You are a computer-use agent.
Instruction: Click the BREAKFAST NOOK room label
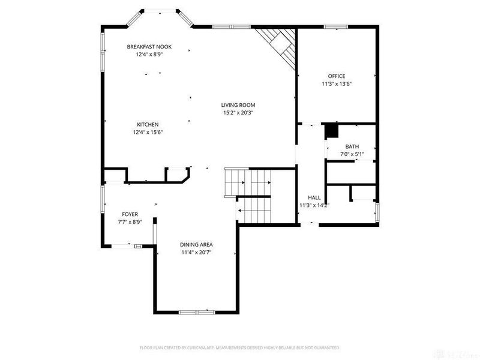pyautogui.click(x=149, y=46)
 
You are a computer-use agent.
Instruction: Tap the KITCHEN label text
pyautogui.click(x=147, y=125)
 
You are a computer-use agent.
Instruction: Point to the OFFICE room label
pyautogui.click(x=336, y=76)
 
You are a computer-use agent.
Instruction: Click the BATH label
pyautogui.click(x=352, y=147)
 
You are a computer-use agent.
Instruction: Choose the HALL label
pyautogui.click(x=314, y=197)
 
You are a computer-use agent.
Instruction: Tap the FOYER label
pyautogui.click(x=130, y=214)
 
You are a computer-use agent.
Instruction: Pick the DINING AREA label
pyautogui.click(x=196, y=245)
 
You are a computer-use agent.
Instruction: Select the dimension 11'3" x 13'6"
pyautogui.click(x=336, y=84)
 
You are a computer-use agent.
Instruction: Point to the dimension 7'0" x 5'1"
pyautogui.click(x=352, y=155)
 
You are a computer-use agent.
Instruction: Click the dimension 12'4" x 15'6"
pyautogui.click(x=148, y=133)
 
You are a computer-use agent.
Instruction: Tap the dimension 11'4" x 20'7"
pyautogui.click(x=196, y=253)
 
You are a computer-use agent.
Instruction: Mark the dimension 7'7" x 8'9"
pyautogui.click(x=130, y=222)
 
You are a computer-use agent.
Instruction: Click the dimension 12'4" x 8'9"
pyautogui.click(x=149, y=54)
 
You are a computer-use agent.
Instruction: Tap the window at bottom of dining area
pyautogui.click(x=196, y=312)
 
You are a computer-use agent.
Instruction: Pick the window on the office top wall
pyautogui.click(x=336, y=27)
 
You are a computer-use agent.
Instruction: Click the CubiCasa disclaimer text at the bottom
pyautogui.click(x=240, y=347)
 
